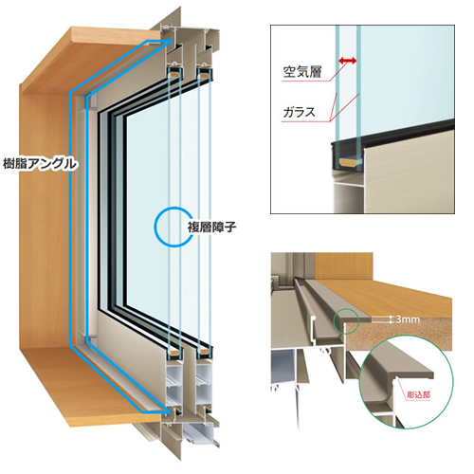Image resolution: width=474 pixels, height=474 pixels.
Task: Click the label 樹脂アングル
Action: pyautogui.click(x=40, y=164)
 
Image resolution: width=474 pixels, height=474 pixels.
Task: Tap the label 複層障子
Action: pyautogui.click(x=211, y=228)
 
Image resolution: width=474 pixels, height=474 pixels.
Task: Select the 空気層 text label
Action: pyautogui.click(x=302, y=72)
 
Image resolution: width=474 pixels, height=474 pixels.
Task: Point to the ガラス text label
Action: pyautogui.click(x=299, y=112)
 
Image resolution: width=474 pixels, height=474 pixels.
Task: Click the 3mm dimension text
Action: pyautogui.click(x=408, y=319)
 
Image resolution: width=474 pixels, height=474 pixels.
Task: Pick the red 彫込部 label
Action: pyautogui.click(x=419, y=395)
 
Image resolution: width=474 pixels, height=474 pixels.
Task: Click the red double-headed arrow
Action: pyautogui.click(x=347, y=60)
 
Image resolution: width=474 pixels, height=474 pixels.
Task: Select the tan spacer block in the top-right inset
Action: pyautogui.click(x=349, y=163)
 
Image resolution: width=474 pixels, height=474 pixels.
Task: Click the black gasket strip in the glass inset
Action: pyautogui.click(x=392, y=135)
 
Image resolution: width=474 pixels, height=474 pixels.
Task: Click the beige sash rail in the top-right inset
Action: pyautogui.click(x=410, y=177)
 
